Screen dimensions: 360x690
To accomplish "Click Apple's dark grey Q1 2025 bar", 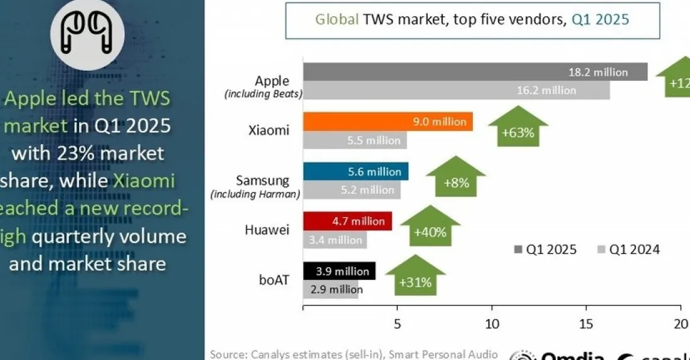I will (x=475, y=71).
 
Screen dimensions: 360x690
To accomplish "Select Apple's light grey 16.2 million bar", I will (x=456, y=90).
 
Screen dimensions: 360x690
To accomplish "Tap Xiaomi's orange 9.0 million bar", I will (x=388, y=122).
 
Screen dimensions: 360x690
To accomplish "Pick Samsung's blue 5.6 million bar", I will (x=356, y=171).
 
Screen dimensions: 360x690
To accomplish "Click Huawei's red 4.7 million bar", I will (x=347, y=221).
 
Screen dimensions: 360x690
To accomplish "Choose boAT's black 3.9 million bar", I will (x=339, y=271).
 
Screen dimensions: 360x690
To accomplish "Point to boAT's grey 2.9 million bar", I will (x=331, y=289).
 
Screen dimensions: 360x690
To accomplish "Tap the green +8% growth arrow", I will (x=456, y=178).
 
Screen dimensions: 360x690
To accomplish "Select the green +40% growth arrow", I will (x=430, y=228).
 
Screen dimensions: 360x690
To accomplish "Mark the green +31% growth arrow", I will (x=415, y=277).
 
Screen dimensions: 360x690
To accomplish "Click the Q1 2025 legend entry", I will (x=544, y=250).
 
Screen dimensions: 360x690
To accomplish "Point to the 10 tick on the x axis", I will (x=492, y=324).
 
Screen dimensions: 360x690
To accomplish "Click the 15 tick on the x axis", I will (x=586, y=324).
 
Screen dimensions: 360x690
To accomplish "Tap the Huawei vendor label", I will (x=267, y=230).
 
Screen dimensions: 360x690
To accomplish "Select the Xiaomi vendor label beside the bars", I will (x=268, y=130).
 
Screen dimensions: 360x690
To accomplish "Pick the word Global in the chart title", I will (x=336, y=19).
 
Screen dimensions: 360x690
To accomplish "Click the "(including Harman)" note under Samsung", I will (x=255, y=194).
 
